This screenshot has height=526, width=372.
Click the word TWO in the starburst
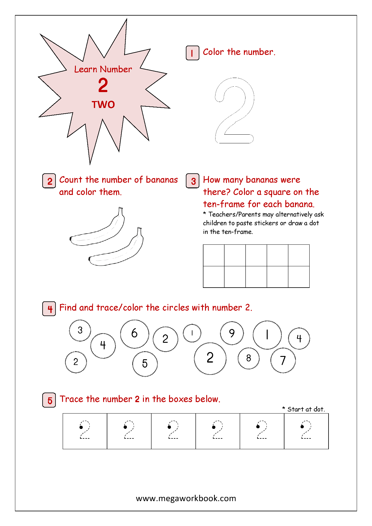(x=103, y=104)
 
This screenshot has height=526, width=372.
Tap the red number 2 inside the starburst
(x=103, y=85)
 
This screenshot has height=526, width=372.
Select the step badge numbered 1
(x=192, y=53)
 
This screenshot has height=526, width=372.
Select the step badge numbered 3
(x=192, y=181)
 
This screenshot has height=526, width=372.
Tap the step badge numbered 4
(x=49, y=309)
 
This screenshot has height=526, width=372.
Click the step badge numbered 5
(x=49, y=400)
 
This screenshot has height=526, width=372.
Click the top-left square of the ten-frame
(x=214, y=255)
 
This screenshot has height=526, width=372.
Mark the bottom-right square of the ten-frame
(x=299, y=277)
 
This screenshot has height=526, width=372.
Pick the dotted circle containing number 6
(x=135, y=334)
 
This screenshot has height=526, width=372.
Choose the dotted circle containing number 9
(x=232, y=333)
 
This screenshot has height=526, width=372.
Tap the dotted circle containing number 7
(x=283, y=360)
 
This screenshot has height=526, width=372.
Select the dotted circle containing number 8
(x=248, y=358)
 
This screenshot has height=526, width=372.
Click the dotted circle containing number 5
(x=145, y=364)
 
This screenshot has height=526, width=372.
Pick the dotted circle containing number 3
(x=80, y=330)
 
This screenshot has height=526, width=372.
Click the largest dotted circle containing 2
(x=210, y=358)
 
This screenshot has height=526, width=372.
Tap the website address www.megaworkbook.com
(x=186, y=498)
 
